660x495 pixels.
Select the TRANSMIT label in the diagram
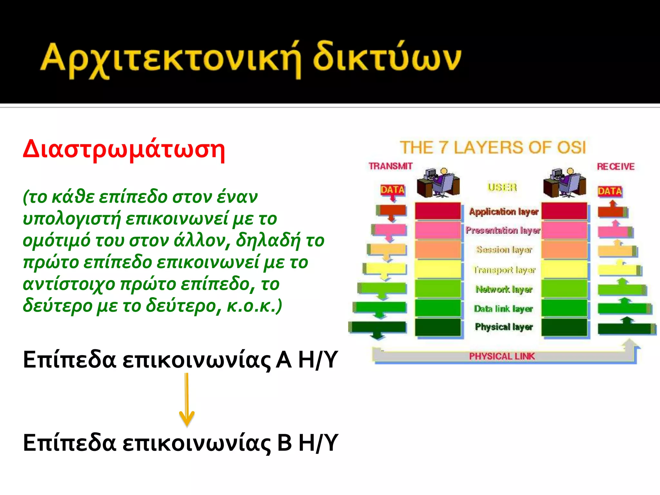(x=390, y=166)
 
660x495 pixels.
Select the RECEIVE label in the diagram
(x=615, y=167)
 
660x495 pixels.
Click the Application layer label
(x=503, y=212)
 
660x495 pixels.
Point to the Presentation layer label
(x=503, y=230)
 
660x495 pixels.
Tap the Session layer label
(x=504, y=250)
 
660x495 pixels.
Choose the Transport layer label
(x=504, y=269)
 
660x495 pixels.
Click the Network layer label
(x=504, y=289)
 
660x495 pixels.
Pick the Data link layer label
(x=503, y=309)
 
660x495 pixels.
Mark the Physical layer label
(x=503, y=327)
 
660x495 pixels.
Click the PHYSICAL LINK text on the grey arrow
(x=501, y=356)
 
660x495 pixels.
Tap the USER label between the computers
(x=502, y=187)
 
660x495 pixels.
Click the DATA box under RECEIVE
(x=609, y=191)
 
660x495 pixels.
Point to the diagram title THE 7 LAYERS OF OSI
(x=492, y=148)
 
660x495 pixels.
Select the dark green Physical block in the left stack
(x=438, y=327)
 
